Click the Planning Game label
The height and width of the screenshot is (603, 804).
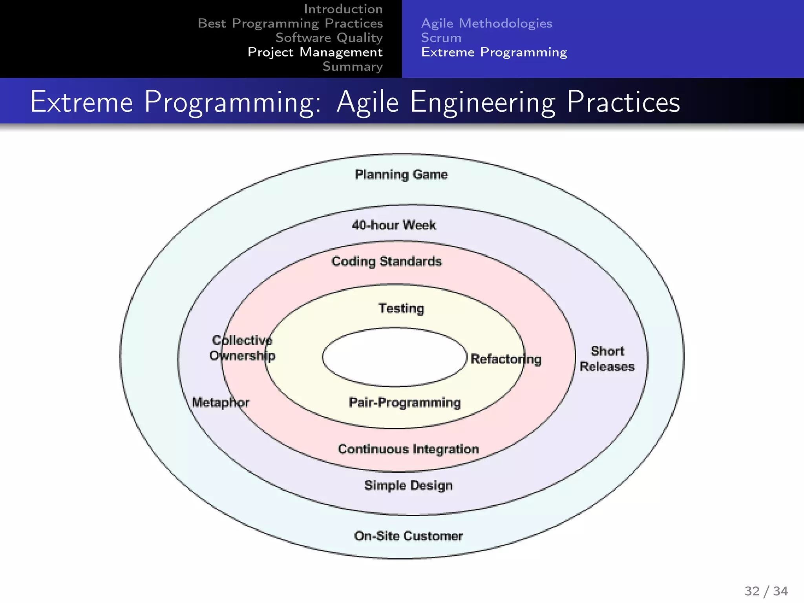(401, 174)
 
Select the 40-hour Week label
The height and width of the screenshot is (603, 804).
(394, 225)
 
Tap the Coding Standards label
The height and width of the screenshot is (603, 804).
(387, 261)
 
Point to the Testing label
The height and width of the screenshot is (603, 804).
(401, 309)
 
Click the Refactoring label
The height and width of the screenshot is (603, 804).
(506, 359)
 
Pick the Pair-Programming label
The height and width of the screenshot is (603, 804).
(405, 402)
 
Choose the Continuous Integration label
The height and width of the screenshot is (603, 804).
(408, 449)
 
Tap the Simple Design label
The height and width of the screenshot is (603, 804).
(408, 485)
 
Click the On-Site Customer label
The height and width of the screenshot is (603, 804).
(408, 536)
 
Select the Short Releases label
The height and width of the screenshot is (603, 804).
(607, 359)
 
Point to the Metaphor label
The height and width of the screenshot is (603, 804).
(220, 402)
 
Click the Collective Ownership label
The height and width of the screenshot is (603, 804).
(242, 348)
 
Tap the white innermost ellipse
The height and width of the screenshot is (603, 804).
(394, 357)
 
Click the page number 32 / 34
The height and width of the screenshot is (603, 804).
(766, 591)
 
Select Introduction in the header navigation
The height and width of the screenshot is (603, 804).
(343, 9)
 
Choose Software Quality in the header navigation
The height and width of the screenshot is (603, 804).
(329, 38)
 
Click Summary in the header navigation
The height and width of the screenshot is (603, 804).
(352, 67)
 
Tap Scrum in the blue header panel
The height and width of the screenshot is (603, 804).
(441, 38)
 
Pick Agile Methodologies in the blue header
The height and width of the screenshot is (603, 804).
(486, 23)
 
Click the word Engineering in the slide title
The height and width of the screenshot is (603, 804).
(482, 102)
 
